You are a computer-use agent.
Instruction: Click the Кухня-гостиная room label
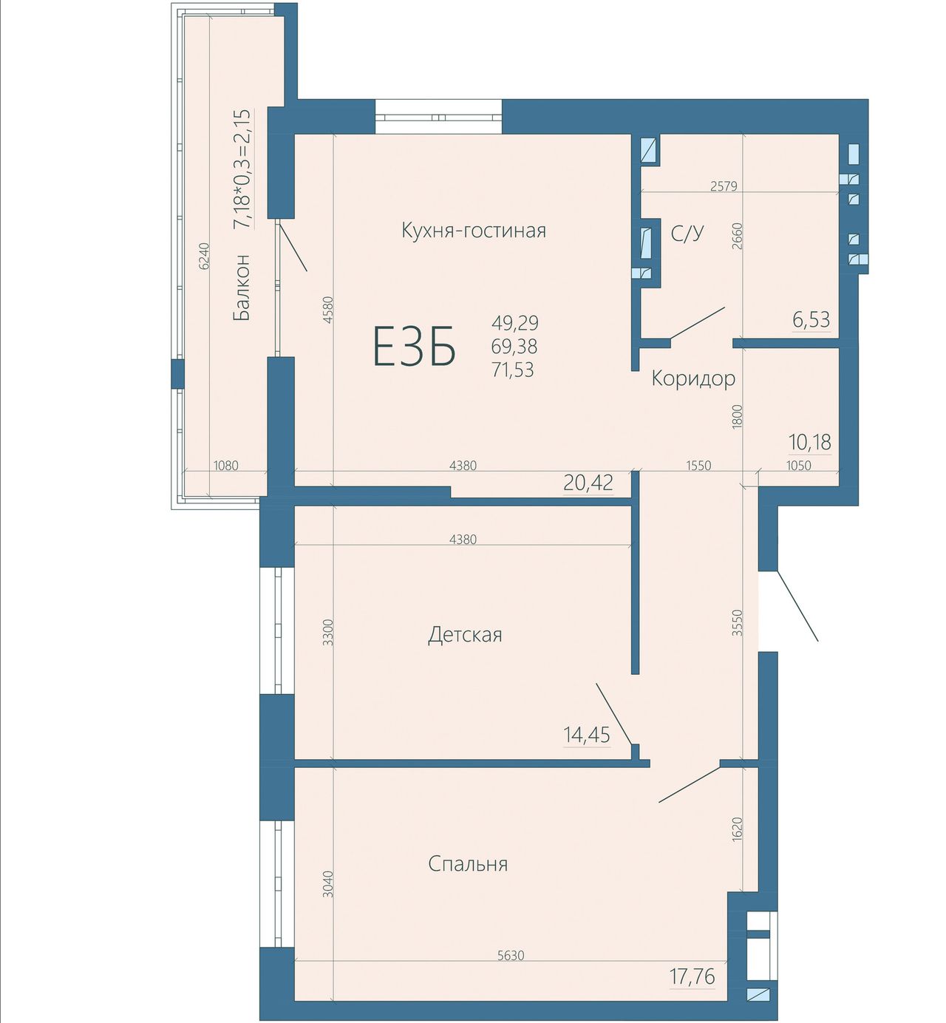pos(474,231)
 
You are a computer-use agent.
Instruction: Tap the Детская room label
pos(465,635)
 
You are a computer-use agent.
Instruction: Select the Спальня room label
pos(468,864)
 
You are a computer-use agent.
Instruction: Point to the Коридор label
pos(693,379)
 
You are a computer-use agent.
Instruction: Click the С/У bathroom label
pos(687,233)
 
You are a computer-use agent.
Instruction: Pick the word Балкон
pos(242,288)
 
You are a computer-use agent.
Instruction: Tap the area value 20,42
pos(588,483)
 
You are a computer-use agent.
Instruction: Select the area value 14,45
pos(587,735)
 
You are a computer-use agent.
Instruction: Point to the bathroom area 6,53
pos(811,320)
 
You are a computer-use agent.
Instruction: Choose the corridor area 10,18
pos(810,442)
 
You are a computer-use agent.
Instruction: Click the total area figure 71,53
pos(513,370)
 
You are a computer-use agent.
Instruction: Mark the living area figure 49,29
pos(514,323)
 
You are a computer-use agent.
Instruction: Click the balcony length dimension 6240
pos(205,256)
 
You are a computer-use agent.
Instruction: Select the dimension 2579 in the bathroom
pos(724,186)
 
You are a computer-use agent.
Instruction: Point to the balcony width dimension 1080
pos(225,466)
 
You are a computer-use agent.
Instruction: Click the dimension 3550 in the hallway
pos(738,623)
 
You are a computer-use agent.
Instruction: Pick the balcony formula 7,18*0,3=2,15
pos(242,169)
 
